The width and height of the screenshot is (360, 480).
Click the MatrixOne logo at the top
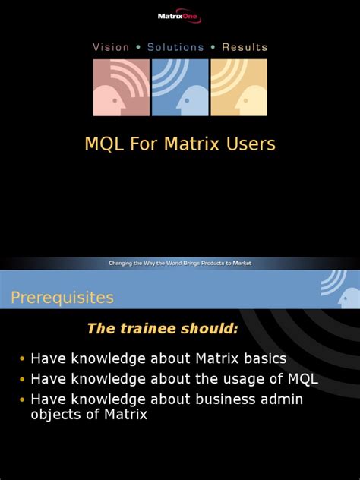click(180, 16)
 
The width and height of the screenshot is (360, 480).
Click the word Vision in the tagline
click(111, 47)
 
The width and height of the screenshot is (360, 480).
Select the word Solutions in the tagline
click(175, 47)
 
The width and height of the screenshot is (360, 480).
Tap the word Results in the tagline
click(244, 47)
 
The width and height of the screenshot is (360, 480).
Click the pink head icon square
click(121, 87)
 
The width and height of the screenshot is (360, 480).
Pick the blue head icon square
click(180, 87)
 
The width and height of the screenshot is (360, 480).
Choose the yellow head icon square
click(238, 87)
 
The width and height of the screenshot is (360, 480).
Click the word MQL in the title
click(102, 144)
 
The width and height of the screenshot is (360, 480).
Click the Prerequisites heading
click(62, 297)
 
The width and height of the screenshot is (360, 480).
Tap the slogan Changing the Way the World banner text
click(179, 264)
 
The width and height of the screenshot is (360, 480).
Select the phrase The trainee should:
click(163, 328)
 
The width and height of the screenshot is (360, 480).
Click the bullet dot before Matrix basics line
click(22, 359)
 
